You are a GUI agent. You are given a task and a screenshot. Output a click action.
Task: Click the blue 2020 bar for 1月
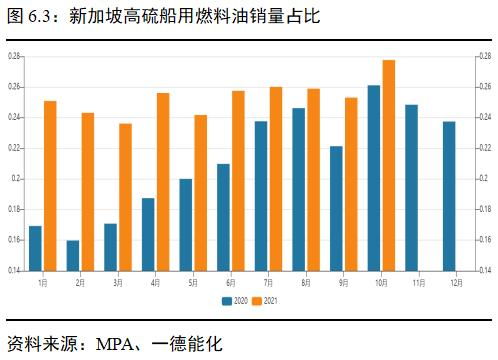pyautogui.click(x=35, y=248)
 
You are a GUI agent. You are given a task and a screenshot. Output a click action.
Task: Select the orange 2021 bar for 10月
pyautogui.click(x=389, y=165)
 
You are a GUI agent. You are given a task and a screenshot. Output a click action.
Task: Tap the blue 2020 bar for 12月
pyautogui.click(x=449, y=196)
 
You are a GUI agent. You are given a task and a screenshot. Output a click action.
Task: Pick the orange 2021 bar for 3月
pyautogui.click(x=125, y=197)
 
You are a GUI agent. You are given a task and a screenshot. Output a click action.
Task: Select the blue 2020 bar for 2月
pyautogui.click(x=72, y=255)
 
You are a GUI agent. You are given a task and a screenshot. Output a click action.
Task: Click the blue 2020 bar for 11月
pyautogui.click(x=411, y=187)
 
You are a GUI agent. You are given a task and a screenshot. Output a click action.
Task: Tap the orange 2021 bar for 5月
pyautogui.click(x=200, y=192)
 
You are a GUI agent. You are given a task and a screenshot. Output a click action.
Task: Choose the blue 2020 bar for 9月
pyautogui.click(x=336, y=208)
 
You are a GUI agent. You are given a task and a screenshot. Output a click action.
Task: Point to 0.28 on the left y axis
pyautogui.click(x=14, y=56)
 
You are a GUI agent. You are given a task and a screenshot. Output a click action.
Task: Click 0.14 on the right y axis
pyautogui.click(x=482, y=270)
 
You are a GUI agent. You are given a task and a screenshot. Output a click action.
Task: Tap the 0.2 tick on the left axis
pyautogui.click(x=16, y=178)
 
